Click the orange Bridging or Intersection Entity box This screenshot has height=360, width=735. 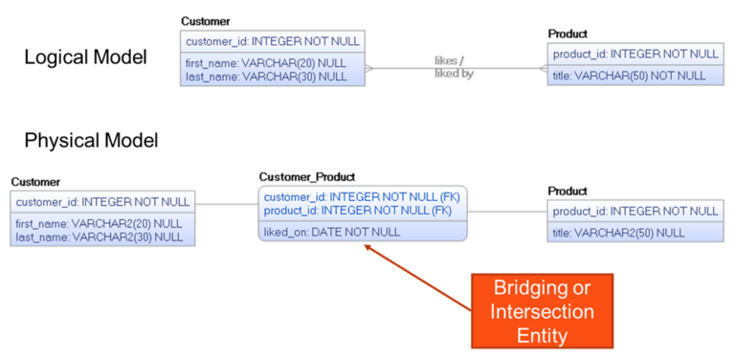[x=543, y=312]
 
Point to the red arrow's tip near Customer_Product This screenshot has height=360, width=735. [x=365, y=245]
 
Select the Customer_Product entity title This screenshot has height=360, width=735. [x=307, y=177]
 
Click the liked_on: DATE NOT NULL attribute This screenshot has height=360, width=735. [x=332, y=232]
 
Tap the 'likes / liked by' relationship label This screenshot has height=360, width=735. [x=453, y=67]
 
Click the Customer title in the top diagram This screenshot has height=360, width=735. [x=205, y=21]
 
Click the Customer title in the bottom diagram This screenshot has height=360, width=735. [x=35, y=182]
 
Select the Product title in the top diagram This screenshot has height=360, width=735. [x=568, y=34]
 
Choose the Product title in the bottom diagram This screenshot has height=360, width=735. [x=568, y=191]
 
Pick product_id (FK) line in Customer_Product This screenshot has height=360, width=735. [x=357, y=210]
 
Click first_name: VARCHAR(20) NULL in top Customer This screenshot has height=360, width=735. [x=266, y=63]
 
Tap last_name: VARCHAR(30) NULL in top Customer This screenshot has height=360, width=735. [x=266, y=76]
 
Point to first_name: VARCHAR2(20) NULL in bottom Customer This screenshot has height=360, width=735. [x=100, y=224]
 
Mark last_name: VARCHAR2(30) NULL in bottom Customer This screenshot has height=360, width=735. [x=100, y=236]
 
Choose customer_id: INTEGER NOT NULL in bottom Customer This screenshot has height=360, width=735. [x=103, y=202]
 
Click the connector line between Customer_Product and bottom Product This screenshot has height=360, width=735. [x=507, y=211]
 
